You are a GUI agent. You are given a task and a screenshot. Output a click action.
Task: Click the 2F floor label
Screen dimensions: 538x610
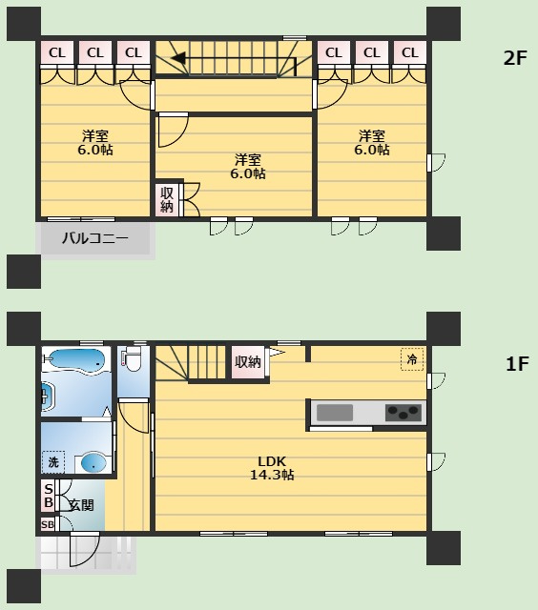[515, 58]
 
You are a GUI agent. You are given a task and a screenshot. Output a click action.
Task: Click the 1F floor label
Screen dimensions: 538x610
[517, 364]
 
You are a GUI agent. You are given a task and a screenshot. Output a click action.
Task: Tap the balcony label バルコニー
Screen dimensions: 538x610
[95, 237]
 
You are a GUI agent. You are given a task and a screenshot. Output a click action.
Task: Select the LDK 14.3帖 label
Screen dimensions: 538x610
[272, 468]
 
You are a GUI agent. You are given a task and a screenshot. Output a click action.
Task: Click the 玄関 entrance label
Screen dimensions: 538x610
[81, 505]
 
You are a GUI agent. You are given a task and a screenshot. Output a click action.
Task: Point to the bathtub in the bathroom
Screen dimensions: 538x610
[75, 360]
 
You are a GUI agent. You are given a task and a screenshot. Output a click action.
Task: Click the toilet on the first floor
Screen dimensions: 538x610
[132, 358]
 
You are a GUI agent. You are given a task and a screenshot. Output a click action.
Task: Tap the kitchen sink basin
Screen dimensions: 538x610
[335, 413]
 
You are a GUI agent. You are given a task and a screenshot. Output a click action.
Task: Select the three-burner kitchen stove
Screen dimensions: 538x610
[403, 413]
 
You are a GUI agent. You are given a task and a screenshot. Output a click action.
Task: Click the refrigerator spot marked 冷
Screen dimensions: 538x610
[412, 359]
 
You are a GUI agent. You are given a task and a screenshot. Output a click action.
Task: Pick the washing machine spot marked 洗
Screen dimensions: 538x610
[53, 462]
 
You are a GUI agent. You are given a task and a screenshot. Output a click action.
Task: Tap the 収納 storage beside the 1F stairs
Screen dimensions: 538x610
[248, 362]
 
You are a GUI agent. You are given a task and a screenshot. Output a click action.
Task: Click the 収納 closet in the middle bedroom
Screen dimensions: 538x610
[167, 199]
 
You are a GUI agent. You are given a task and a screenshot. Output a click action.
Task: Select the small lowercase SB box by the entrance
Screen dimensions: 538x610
[48, 525]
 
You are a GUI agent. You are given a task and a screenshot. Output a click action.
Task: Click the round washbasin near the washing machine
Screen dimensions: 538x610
[93, 463]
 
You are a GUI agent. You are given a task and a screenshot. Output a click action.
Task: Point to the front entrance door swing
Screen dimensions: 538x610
[85, 549]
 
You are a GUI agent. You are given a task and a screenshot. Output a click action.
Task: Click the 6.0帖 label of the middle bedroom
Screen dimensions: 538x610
[248, 173]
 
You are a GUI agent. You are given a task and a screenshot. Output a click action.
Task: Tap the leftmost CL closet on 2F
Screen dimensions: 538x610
[57, 52]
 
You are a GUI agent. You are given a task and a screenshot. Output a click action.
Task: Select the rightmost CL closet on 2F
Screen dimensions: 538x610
[409, 52]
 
